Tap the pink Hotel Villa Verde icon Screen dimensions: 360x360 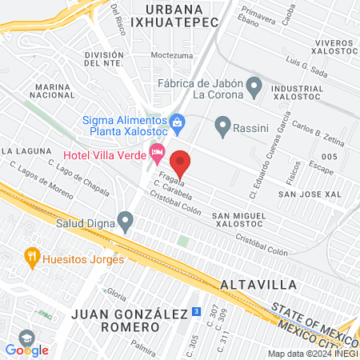158,150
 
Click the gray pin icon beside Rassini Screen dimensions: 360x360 222,126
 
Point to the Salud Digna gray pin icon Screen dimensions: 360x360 125,218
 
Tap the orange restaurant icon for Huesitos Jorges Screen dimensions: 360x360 32,257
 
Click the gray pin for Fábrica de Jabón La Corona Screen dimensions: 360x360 254,85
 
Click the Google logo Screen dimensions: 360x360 27,349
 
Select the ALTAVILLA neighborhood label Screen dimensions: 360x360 258,284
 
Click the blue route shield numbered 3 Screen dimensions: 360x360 196,311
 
